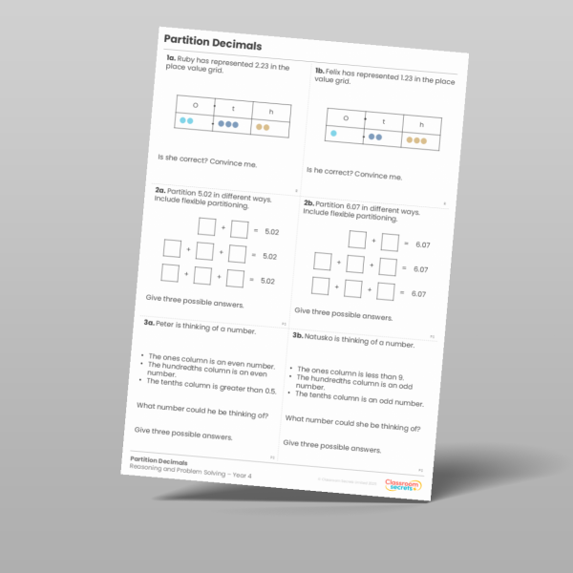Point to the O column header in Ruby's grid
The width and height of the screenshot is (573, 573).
click(x=195, y=106)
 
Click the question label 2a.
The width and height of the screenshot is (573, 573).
click(x=160, y=191)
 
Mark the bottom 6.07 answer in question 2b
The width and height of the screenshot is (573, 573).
click(x=418, y=294)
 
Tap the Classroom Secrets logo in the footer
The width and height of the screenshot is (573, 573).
click(x=402, y=485)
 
